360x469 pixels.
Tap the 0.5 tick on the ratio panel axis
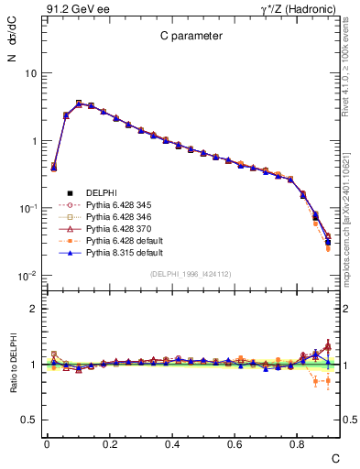pyautogui.click(x=31, y=420)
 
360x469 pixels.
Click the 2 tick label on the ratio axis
pyautogui.click(x=36, y=309)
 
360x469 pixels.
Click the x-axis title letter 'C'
pyautogui.click(x=335, y=457)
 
